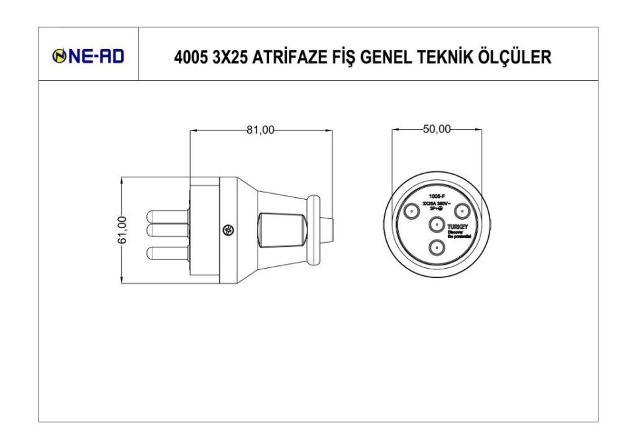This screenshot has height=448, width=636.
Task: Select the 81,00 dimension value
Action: tap(260, 130)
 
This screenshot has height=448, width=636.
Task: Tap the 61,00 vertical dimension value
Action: tap(121, 230)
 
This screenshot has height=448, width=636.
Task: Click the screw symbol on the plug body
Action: tap(227, 230)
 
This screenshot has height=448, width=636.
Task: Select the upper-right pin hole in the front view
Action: tap(462, 212)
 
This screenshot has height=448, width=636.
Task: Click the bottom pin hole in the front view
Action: tap(437, 247)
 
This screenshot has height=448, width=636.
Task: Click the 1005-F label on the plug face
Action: tap(437, 197)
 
